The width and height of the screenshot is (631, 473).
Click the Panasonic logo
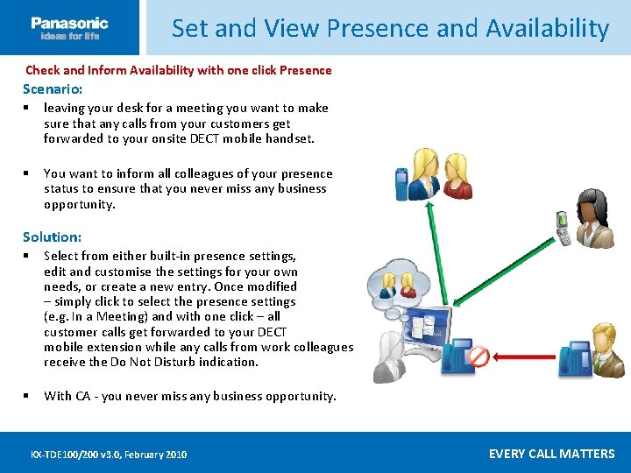point(69,28)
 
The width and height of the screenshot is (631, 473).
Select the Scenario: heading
point(53,89)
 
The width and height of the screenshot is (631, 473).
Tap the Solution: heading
point(52,237)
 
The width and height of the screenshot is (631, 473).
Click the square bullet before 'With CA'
point(29,396)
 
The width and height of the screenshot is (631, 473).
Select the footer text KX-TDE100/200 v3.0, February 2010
point(109,455)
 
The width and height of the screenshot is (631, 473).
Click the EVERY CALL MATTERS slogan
point(551,454)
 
